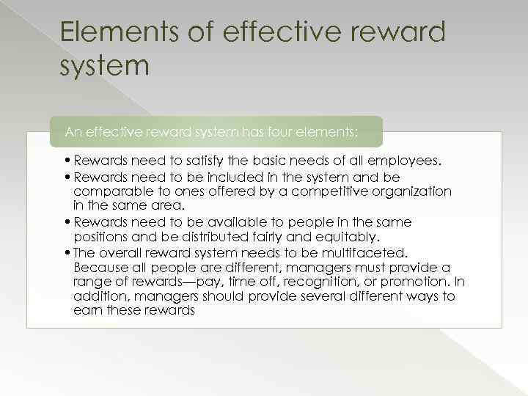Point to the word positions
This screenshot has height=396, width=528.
coord(100,236)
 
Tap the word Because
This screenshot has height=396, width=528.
coord(100,267)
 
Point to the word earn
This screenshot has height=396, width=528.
coord(87,311)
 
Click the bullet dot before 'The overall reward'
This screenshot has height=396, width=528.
coord(67,252)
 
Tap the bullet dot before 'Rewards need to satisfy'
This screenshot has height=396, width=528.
coord(67,161)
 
